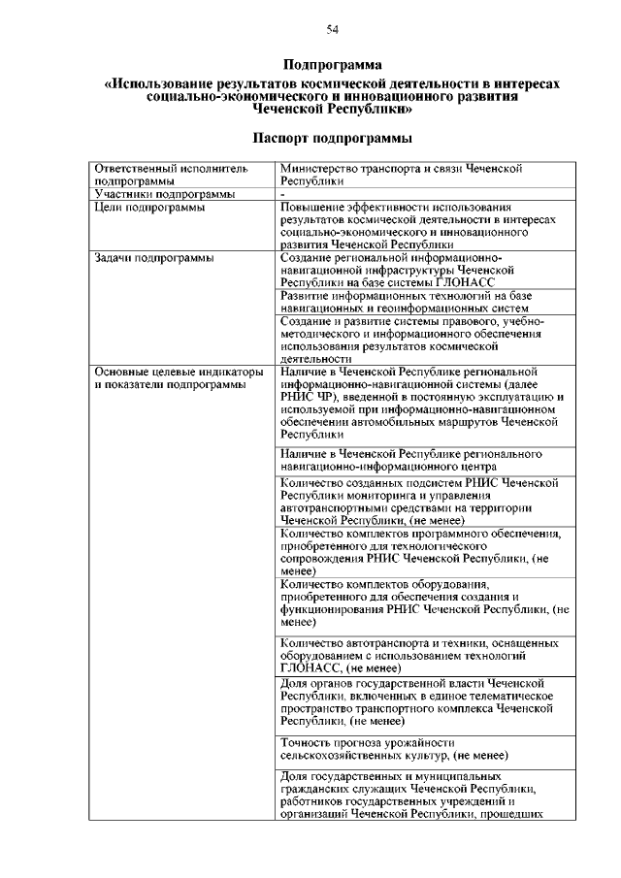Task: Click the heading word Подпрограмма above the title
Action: point(333,65)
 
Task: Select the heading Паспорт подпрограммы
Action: point(333,137)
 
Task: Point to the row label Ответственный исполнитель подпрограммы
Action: point(165,175)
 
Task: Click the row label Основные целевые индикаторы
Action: point(179,372)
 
